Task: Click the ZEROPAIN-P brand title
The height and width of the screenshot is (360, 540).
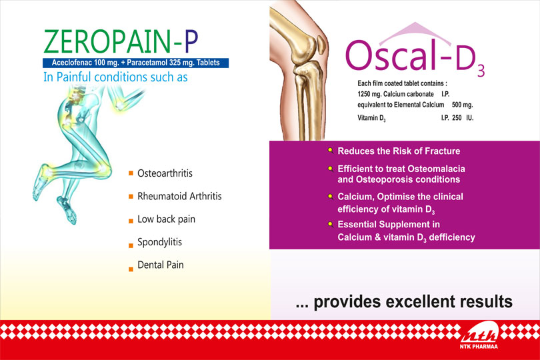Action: point(121,41)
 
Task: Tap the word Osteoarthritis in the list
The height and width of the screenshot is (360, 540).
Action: point(165,173)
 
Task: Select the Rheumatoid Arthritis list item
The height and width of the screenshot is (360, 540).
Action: point(179,196)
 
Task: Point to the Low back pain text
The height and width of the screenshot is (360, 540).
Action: point(167,219)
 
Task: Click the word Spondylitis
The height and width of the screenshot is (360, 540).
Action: point(159,242)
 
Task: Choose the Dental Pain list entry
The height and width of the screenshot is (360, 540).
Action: point(161,265)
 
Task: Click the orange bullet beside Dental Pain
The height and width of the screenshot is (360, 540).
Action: point(131,269)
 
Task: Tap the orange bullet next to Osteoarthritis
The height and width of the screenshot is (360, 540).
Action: point(131,173)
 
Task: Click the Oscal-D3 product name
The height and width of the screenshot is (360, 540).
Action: point(415,57)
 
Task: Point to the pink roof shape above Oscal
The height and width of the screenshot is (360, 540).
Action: point(415,33)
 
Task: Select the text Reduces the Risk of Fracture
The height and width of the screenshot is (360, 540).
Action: point(399,151)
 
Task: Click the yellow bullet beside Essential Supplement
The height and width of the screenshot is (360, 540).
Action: point(330,224)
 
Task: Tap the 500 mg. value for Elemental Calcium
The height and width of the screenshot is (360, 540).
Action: point(463,105)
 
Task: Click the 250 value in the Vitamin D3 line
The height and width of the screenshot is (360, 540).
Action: point(457,118)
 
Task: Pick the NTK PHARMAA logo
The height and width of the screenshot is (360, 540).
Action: point(479,335)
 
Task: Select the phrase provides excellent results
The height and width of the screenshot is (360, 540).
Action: point(413,301)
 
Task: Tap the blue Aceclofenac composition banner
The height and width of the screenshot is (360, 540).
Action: point(136,63)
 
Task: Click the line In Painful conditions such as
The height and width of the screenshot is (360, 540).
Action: point(115,77)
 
